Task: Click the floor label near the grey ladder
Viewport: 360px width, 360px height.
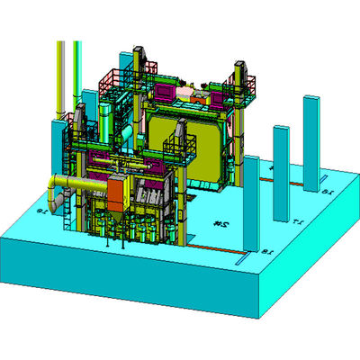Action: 41,211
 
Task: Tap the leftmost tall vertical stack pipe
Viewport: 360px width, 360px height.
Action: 61,76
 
